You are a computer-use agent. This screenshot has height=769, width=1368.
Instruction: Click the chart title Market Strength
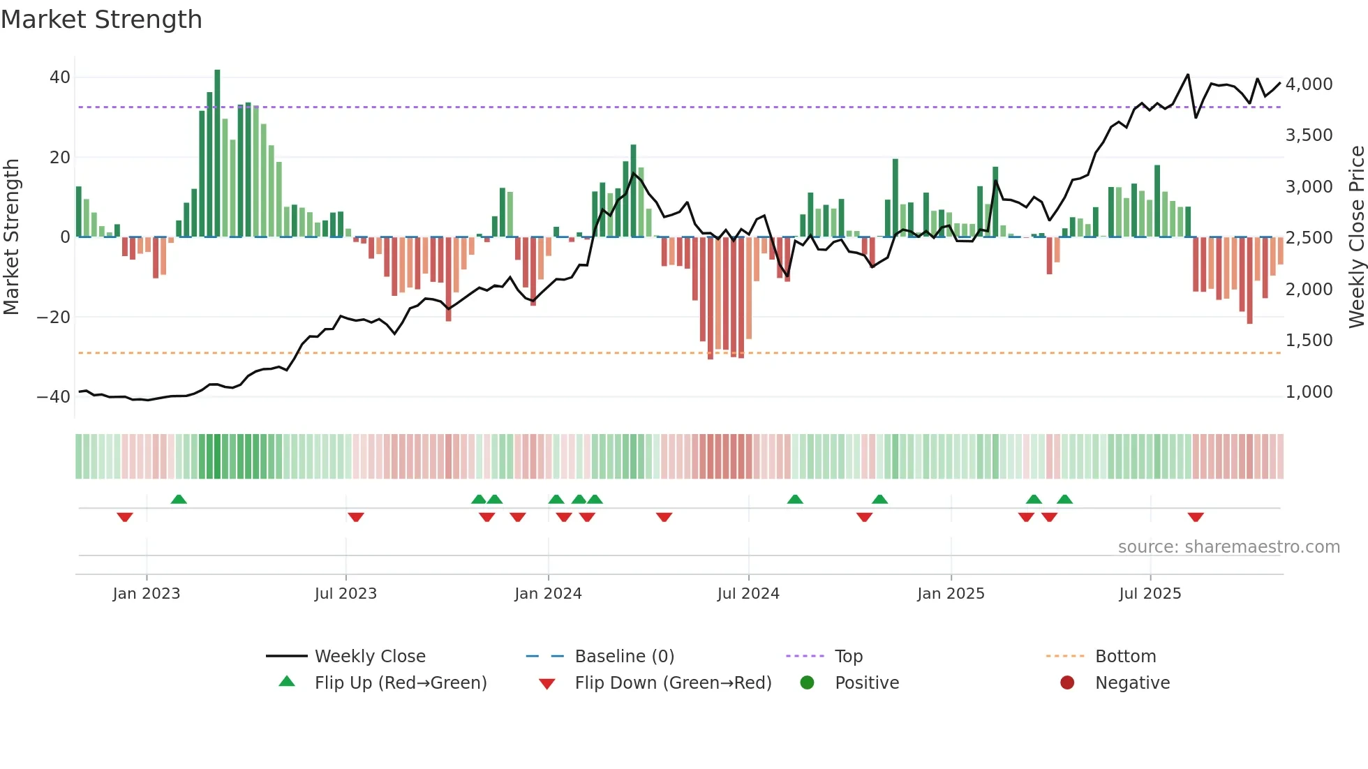(x=101, y=20)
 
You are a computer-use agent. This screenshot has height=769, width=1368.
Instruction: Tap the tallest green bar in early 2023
(x=217, y=154)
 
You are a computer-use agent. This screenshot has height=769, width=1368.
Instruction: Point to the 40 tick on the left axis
(x=60, y=77)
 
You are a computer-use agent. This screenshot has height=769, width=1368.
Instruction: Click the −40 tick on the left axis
(x=54, y=397)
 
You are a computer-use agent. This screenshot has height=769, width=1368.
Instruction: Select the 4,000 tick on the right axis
(x=1309, y=84)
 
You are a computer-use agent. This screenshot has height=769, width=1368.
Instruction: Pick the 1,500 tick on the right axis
(x=1309, y=341)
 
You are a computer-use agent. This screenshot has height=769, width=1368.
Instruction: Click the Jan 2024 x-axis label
(x=548, y=594)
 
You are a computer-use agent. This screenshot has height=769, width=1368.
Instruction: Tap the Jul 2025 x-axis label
(x=1150, y=594)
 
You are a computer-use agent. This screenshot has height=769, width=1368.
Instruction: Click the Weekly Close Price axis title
(x=1356, y=237)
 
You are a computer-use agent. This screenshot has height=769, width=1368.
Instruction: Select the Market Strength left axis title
(x=12, y=237)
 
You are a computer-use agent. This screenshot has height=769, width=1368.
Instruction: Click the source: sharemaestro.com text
(x=1228, y=547)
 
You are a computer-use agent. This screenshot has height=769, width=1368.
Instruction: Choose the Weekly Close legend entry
(x=370, y=657)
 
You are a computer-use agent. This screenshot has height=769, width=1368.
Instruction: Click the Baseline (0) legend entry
(x=624, y=657)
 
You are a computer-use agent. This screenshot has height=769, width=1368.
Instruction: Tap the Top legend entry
(x=849, y=657)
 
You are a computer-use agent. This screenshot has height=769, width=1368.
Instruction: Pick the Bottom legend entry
(x=1125, y=657)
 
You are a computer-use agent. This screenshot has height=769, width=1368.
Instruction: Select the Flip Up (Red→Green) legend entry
(x=400, y=683)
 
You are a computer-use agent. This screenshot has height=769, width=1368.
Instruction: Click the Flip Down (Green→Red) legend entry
(x=673, y=683)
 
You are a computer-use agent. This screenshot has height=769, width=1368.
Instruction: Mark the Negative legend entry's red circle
(x=1067, y=682)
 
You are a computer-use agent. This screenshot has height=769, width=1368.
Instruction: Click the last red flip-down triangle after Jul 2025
(x=1196, y=517)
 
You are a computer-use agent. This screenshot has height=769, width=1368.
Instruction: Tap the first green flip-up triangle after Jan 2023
(x=179, y=499)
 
